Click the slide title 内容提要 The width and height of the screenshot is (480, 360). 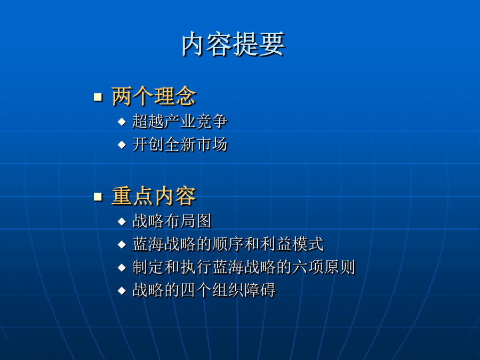click(233, 44)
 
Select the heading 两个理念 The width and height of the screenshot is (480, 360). click(154, 97)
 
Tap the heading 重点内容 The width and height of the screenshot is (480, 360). click(154, 196)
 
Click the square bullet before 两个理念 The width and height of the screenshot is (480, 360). click(98, 97)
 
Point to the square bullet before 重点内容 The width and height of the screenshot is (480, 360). click(98, 196)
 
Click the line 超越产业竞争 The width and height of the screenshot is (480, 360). click(180, 121)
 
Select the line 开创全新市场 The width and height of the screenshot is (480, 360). click(180, 145)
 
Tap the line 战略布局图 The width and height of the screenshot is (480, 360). click(172, 221)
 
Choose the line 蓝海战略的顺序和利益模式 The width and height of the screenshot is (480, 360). click(228, 244)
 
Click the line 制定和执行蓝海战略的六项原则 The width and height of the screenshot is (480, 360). click(244, 267)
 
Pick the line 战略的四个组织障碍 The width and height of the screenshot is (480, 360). click(204, 290)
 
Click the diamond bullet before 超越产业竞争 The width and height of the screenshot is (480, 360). click(122, 122)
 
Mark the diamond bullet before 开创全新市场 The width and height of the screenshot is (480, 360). click(122, 145)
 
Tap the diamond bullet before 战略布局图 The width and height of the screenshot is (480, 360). click(122, 221)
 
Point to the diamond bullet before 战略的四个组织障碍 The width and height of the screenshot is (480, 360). click(122, 291)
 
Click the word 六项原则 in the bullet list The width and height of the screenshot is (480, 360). click(324, 267)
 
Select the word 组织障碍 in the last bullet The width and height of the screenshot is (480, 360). click(244, 290)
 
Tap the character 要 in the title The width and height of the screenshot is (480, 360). click(272, 44)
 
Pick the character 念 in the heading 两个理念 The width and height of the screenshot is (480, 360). click(186, 97)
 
